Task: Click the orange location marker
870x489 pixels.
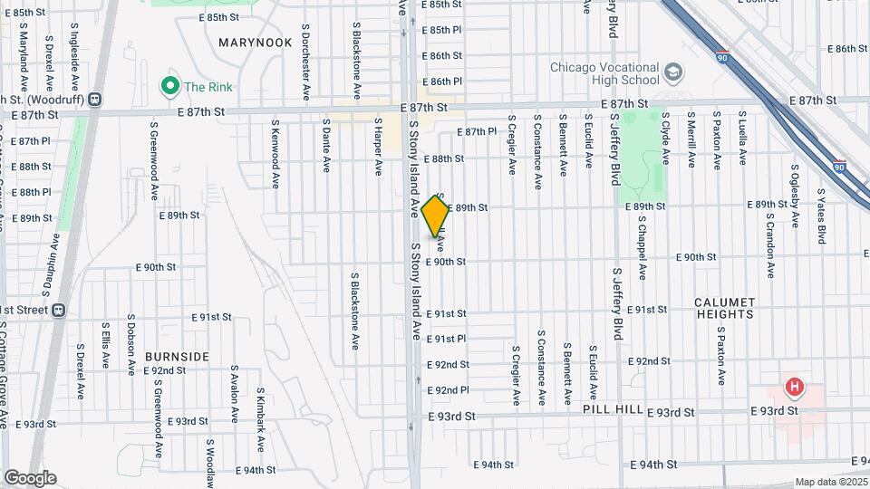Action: (436, 216)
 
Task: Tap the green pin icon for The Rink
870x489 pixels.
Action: (169, 86)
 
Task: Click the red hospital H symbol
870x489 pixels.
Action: (795, 388)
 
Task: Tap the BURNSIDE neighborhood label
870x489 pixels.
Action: (177, 357)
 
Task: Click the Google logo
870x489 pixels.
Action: (30, 478)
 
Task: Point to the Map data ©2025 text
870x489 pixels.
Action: (831, 483)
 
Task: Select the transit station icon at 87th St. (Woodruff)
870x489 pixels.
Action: (94, 100)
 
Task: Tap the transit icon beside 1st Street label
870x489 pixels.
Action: (59, 310)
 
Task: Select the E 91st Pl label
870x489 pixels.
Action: (447, 339)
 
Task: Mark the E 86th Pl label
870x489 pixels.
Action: (447, 81)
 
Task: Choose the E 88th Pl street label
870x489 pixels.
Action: (34, 192)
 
